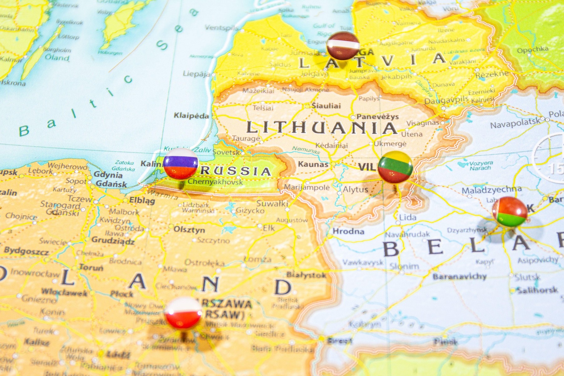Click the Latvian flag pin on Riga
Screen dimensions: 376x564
[x=343, y=46]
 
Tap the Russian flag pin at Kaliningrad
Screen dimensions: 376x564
[x=180, y=164]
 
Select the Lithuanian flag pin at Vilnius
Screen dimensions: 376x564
[x=395, y=167]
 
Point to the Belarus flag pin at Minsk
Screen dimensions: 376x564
[x=510, y=212]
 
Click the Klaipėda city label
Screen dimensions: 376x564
[x=191, y=116]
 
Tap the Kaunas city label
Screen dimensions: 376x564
[x=313, y=164]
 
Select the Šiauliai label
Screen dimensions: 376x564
[x=326, y=106]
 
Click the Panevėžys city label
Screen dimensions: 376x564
[x=377, y=117]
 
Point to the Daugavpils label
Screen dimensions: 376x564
[x=446, y=101]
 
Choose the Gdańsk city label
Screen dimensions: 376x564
[x=111, y=184]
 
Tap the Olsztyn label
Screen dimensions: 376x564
[x=189, y=229]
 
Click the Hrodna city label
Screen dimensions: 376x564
[x=348, y=231]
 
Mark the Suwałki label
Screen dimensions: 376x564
[x=272, y=204]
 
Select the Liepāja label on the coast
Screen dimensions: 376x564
[x=196, y=74]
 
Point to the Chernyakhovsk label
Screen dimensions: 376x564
[x=215, y=182]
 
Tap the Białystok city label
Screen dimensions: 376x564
[x=306, y=275]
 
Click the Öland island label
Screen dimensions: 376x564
[x=57, y=57]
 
